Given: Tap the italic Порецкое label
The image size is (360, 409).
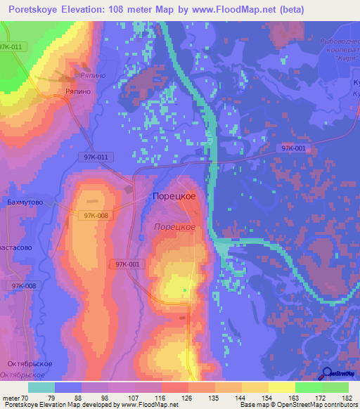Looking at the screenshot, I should [x=174, y=226].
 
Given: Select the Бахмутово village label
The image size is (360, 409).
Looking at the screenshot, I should [x=25, y=202].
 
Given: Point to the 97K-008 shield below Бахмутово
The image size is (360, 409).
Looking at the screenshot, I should [x=96, y=216].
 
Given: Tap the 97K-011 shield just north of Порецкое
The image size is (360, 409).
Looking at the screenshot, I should [x=94, y=157].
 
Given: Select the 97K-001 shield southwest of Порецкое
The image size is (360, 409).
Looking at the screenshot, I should [x=127, y=264].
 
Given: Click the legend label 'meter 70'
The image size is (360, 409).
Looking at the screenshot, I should [x=17, y=398].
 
